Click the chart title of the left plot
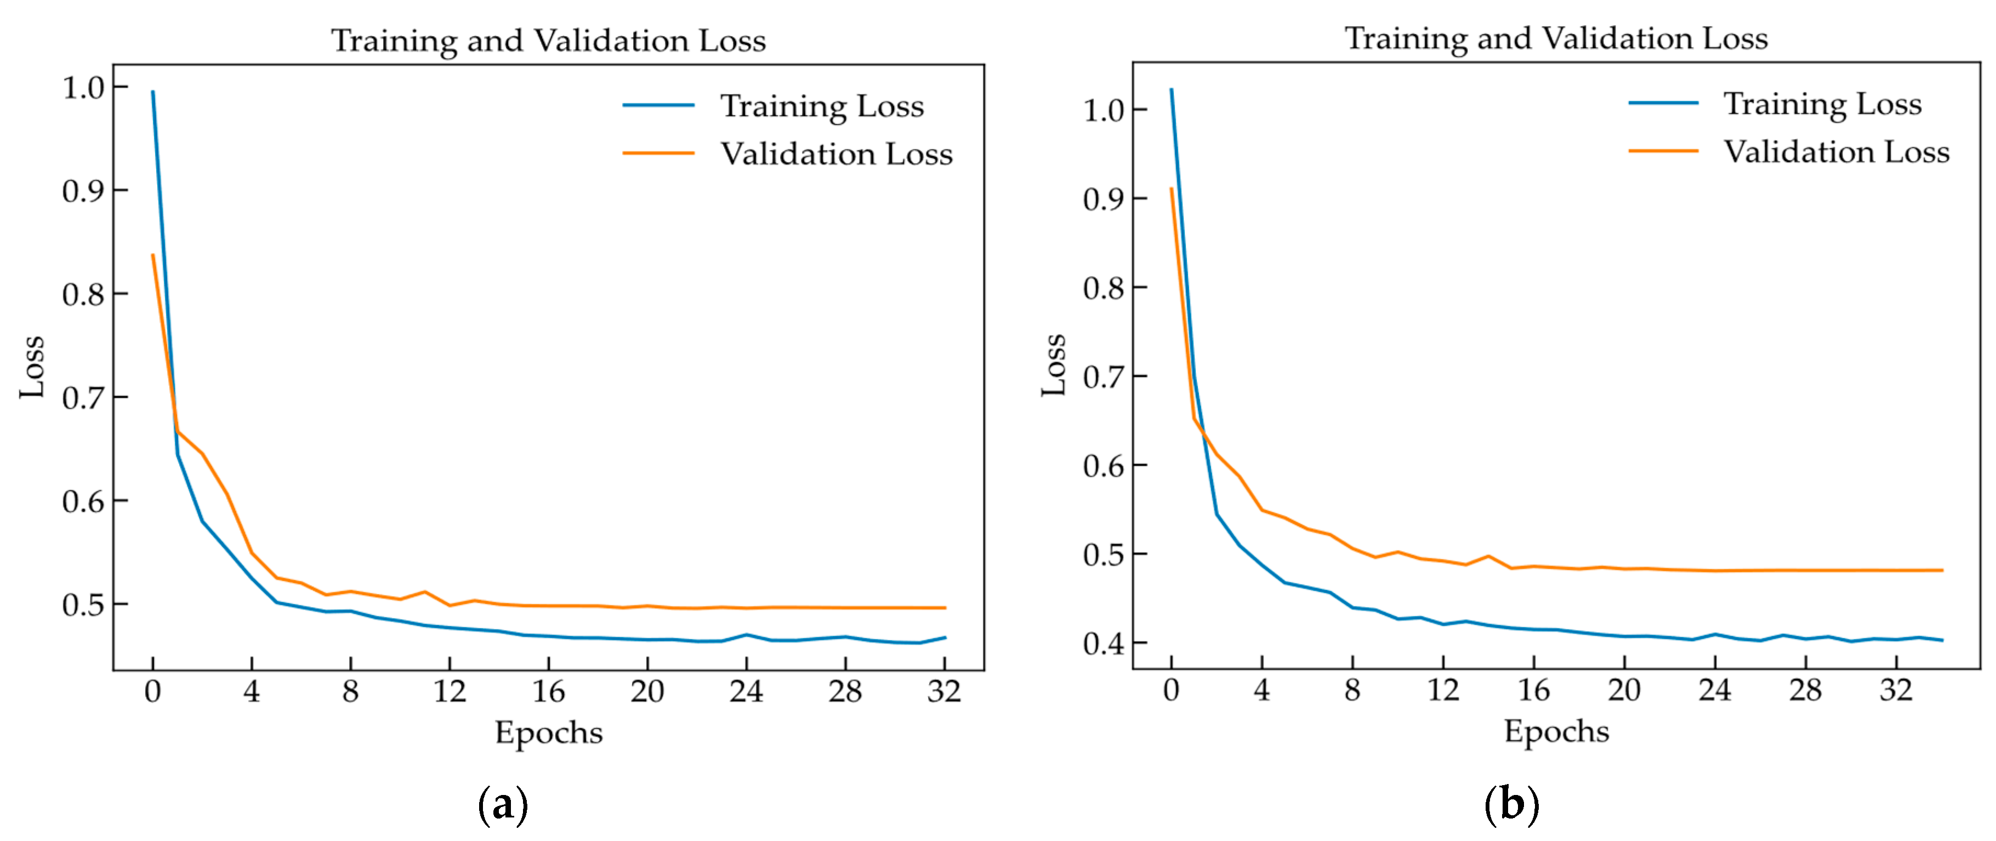(x=549, y=40)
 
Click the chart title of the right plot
(x=1556, y=38)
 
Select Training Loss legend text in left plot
(x=822, y=106)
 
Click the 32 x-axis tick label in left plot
(x=944, y=691)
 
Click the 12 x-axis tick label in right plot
(x=1443, y=689)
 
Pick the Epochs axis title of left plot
(x=549, y=733)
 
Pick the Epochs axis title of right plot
(x=1556, y=731)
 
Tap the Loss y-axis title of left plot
(x=32, y=367)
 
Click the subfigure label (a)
(x=503, y=805)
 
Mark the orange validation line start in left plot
(x=152, y=255)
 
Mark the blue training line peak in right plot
(x=1171, y=90)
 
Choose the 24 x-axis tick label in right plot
(x=1714, y=689)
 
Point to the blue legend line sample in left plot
(x=658, y=105)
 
